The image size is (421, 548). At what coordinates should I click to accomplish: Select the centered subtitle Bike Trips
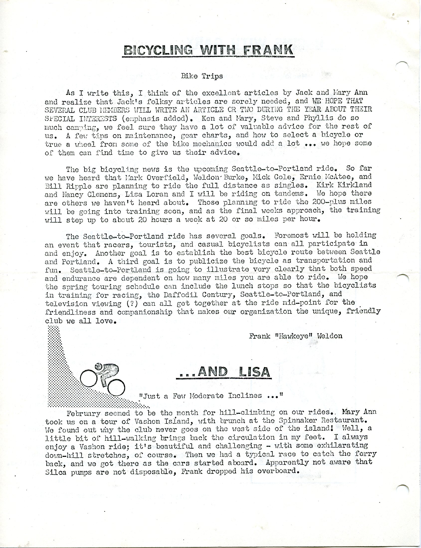[x=202, y=76]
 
